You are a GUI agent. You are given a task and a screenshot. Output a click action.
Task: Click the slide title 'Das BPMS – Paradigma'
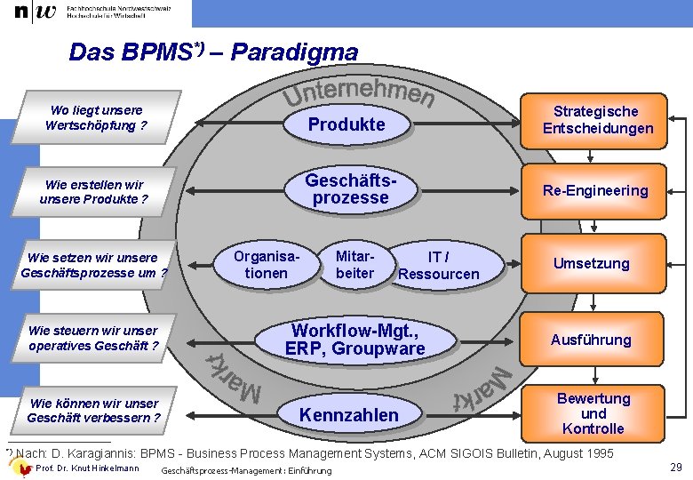point(213,52)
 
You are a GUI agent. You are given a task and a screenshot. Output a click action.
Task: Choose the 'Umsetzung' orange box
point(591,263)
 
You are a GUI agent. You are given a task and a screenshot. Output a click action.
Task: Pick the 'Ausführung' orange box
point(591,340)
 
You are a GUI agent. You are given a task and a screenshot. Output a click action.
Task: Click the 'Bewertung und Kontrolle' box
point(593,413)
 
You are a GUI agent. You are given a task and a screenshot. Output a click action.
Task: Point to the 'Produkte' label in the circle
point(346,124)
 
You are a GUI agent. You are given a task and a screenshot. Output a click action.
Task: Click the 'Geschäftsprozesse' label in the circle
point(351,188)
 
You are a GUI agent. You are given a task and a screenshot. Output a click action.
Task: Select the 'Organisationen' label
point(266,264)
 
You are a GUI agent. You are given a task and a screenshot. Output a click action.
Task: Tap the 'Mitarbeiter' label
point(354,264)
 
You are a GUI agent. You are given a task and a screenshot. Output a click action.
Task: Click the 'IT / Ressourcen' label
point(438,265)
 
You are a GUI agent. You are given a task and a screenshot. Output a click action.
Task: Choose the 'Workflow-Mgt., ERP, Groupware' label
point(354,340)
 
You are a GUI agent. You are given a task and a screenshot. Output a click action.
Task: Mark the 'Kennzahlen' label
point(349,414)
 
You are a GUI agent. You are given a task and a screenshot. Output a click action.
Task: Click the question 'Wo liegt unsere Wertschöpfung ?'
point(96,117)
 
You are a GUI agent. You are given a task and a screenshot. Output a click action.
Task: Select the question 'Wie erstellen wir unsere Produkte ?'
point(93,192)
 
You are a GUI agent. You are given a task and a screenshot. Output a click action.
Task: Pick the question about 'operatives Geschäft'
point(93,338)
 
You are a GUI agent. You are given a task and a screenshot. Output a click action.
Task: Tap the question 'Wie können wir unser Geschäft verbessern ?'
point(93,411)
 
